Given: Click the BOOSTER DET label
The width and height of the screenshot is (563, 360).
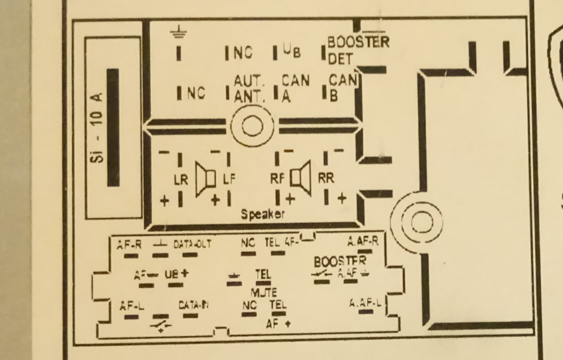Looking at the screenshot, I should pyautogui.click(x=357, y=50).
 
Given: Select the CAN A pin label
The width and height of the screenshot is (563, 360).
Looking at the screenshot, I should pyautogui.click(x=295, y=88).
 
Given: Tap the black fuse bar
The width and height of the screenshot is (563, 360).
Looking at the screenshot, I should pyautogui.click(x=113, y=127).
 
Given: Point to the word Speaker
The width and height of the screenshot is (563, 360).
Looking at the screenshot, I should pyautogui.click(x=263, y=215).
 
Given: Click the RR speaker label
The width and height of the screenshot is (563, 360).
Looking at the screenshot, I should pyautogui.click(x=326, y=178).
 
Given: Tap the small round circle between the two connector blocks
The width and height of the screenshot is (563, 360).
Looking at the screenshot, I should pyautogui.click(x=252, y=126).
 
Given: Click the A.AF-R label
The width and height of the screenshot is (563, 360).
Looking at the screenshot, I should pyautogui.click(x=362, y=242).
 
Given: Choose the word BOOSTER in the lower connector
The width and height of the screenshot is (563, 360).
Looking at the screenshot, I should pyautogui.click(x=340, y=261).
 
